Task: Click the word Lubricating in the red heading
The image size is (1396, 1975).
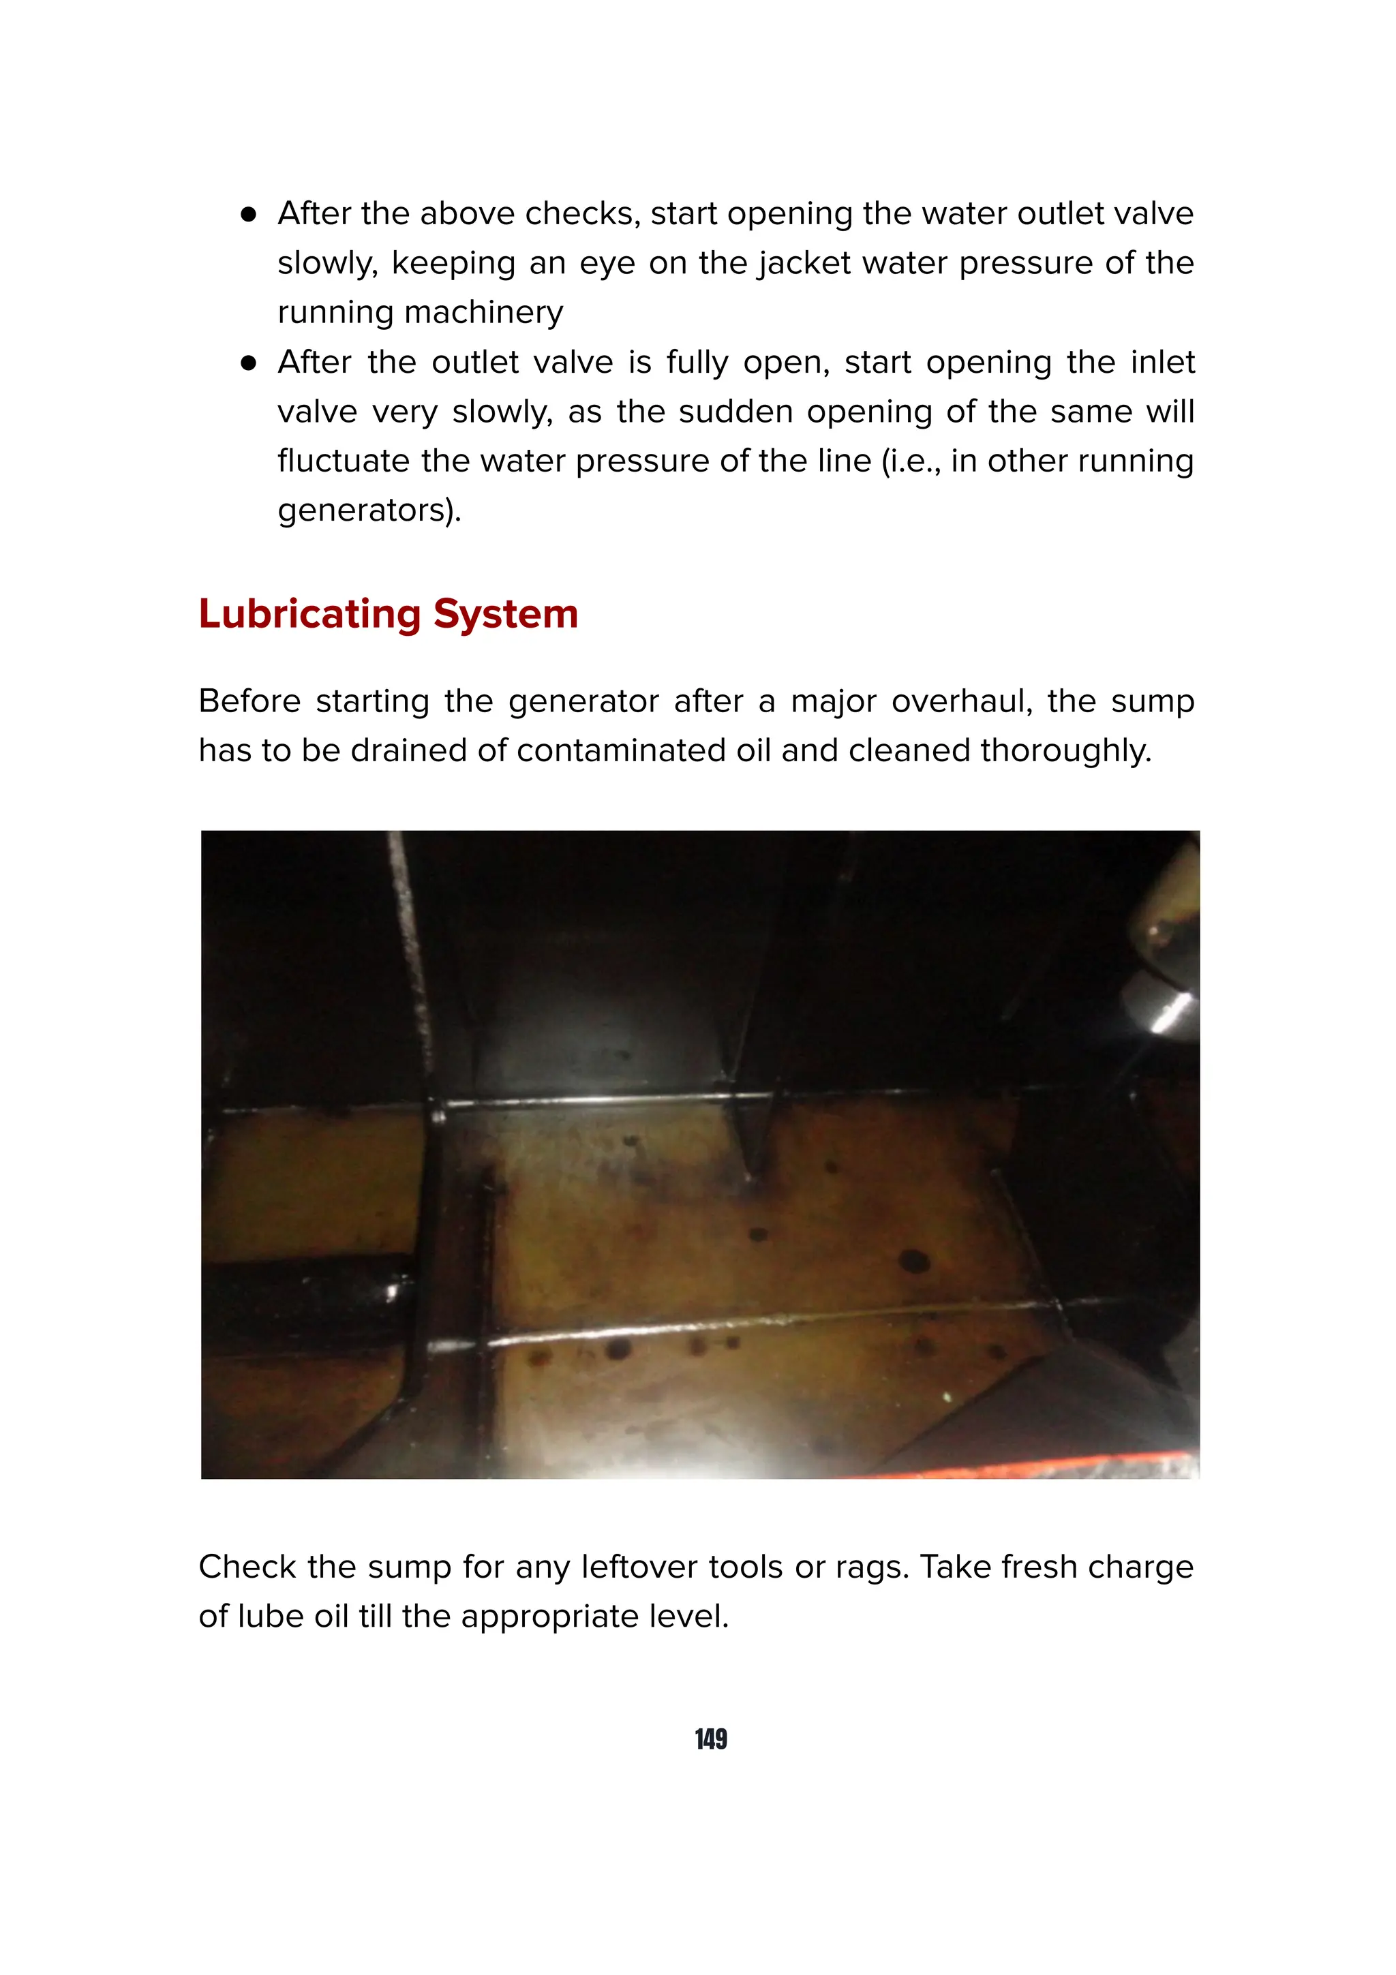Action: (309, 614)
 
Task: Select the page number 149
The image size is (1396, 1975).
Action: (710, 1739)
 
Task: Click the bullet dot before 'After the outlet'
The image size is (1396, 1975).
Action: (249, 364)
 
